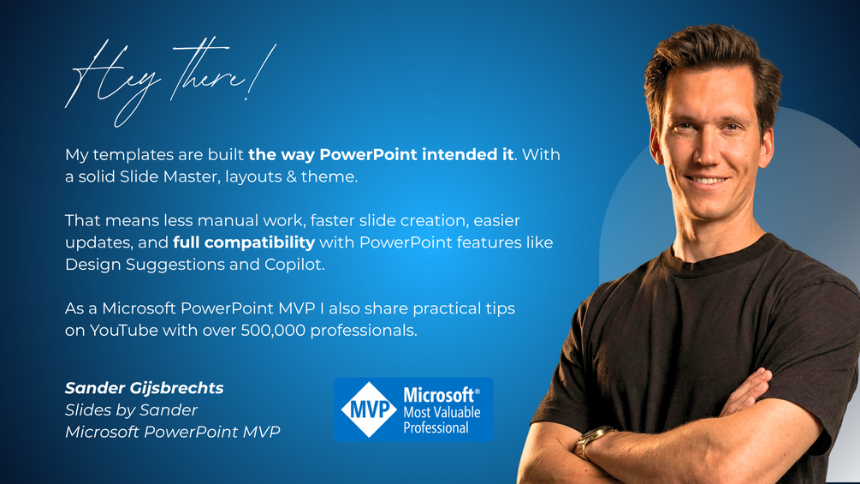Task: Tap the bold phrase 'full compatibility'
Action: pyautogui.click(x=244, y=242)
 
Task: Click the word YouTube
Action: pyautogui.click(x=124, y=331)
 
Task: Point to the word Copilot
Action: pyautogui.click(x=294, y=265)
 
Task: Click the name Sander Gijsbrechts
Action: pyautogui.click(x=145, y=389)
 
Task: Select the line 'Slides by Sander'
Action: pyautogui.click(x=131, y=410)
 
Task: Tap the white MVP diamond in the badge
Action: pyautogui.click(x=369, y=409)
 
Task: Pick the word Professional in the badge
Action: pyautogui.click(x=436, y=428)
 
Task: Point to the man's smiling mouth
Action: pyautogui.click(x=708, y=179)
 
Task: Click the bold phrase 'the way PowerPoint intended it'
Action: pyautogui.click(x=381, y=155)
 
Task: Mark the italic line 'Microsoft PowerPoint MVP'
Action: pyautogui.click(x=173, y=432)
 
